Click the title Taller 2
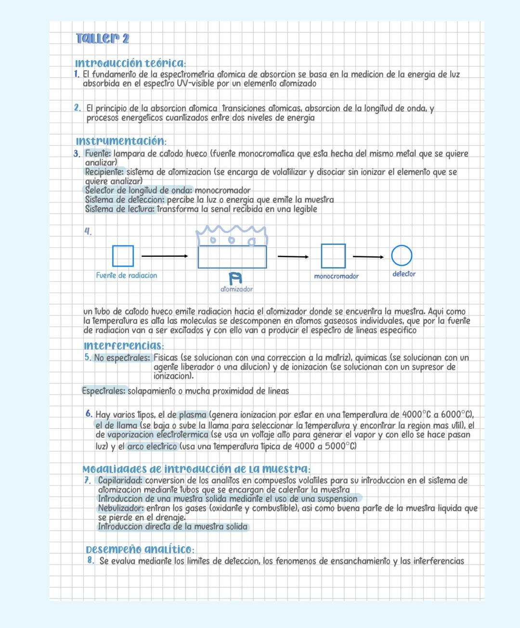point(103,38)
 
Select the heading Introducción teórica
point(130,63)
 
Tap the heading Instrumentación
point(121,141)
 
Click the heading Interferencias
point(124,346)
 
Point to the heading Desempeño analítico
point(140,549)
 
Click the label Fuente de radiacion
point(126,275)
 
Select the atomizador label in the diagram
point(236,289)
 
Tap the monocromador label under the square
point(336,276)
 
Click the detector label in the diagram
point(404,274)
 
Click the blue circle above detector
point(402,256)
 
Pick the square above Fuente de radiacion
point(123,256)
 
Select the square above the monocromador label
point(333,256)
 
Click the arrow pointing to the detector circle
point(368,257)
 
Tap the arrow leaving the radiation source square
point(165,256)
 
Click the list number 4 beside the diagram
point(88,231)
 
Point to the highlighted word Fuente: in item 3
point(98,154)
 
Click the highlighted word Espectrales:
point(104,391)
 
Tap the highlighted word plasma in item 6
point(193,415)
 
